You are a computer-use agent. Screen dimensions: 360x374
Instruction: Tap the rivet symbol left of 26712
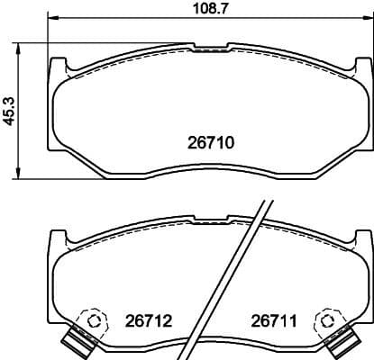coord(91,320)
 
